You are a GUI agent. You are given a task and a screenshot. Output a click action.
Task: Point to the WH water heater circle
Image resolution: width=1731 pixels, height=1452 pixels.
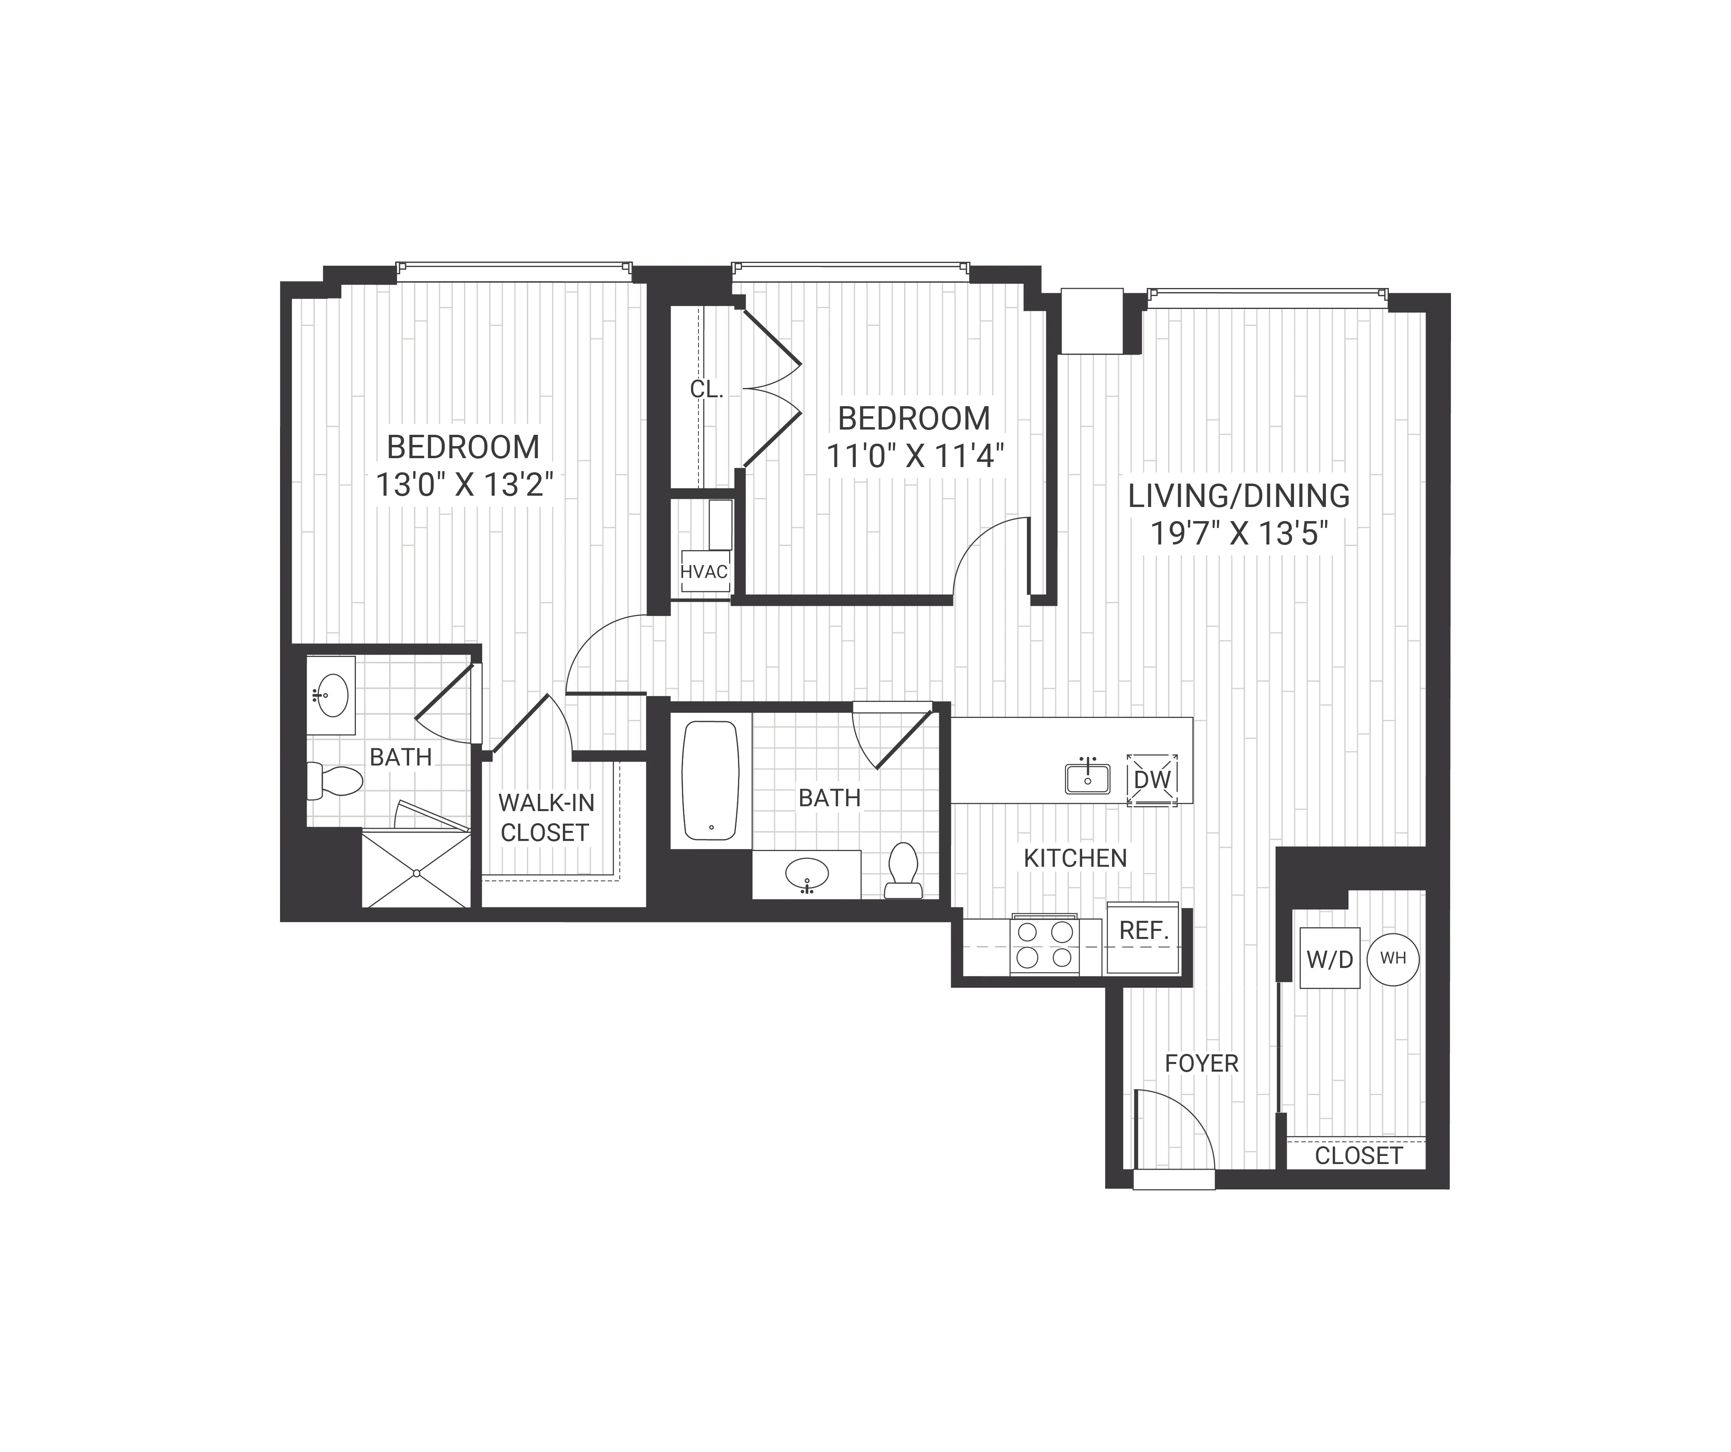[1393, 958]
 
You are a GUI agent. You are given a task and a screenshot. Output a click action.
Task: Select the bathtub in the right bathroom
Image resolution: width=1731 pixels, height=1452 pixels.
[711, 780]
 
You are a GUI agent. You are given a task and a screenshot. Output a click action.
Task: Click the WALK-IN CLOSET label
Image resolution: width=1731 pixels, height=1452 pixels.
[546, 818]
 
